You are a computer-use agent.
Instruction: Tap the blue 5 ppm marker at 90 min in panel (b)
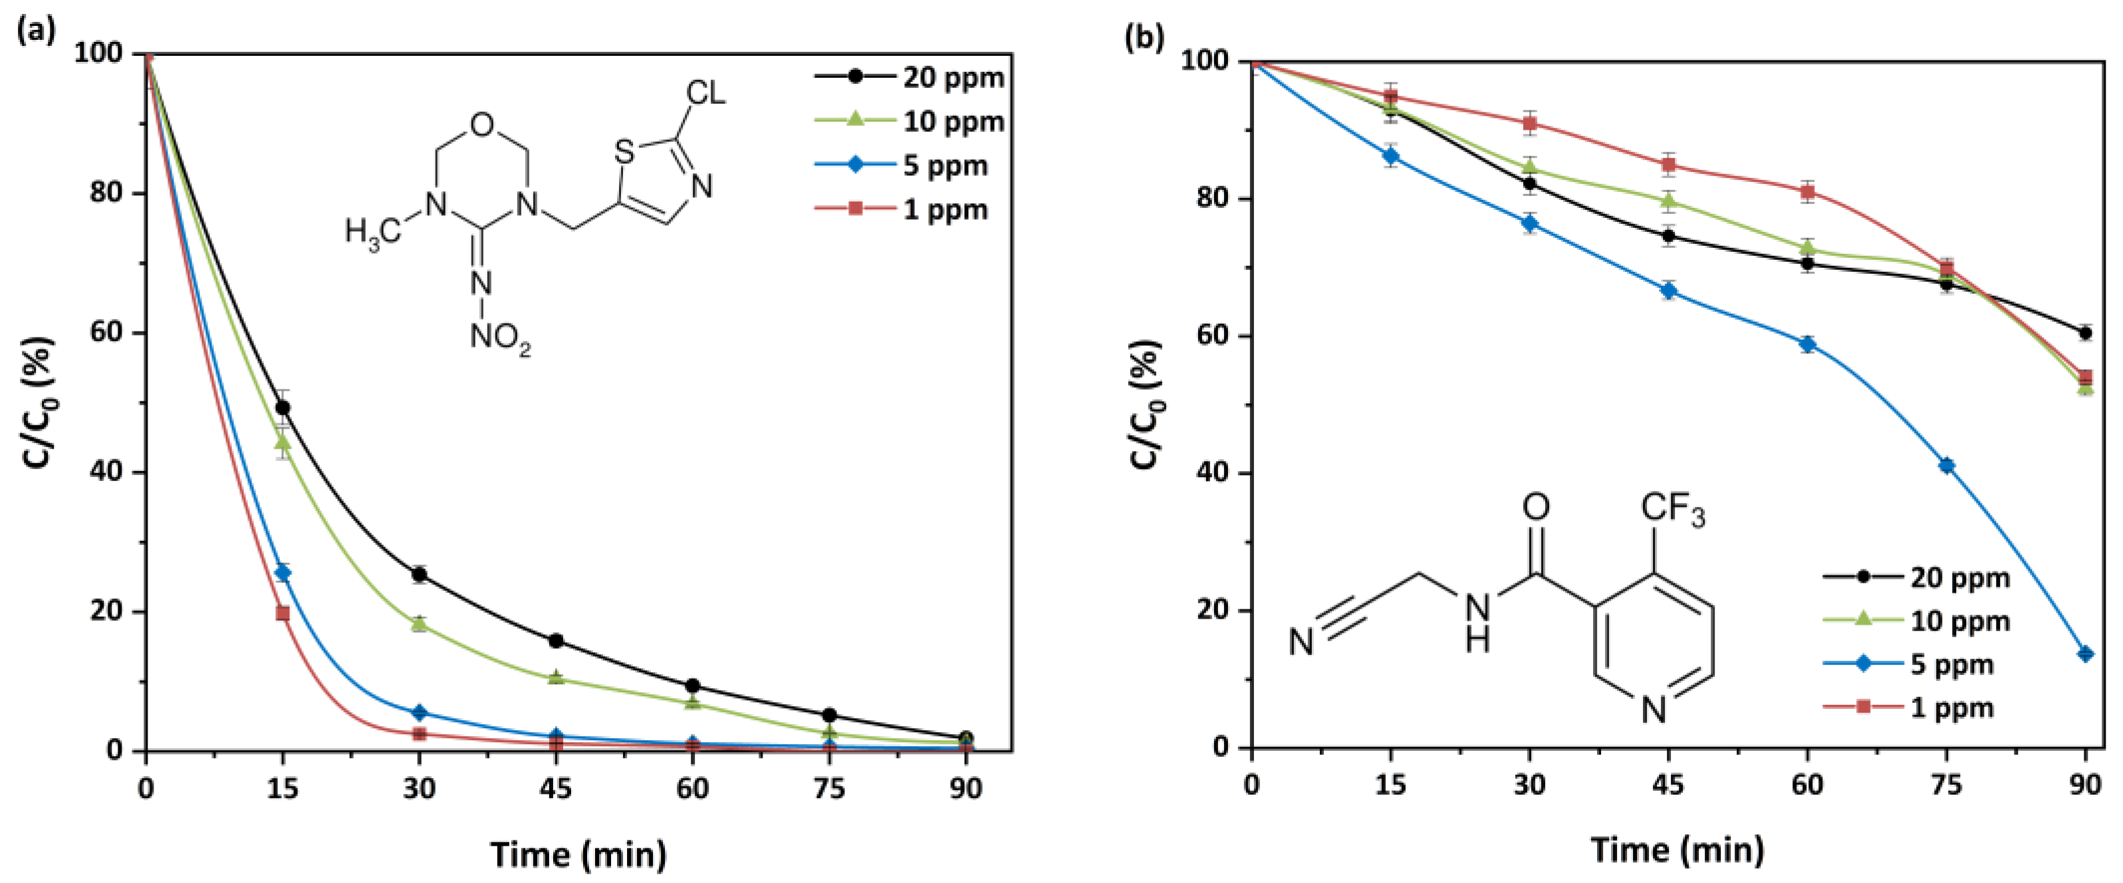[2085, 654]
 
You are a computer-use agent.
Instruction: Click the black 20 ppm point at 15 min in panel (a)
[283, 408]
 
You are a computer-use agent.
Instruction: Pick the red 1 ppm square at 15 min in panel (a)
[283, 613]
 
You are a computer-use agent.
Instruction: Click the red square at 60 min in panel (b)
[1807, 193]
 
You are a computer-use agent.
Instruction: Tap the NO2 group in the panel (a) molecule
[499, 338]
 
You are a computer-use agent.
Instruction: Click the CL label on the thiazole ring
[706, 93]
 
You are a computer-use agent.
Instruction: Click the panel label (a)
[37, 30]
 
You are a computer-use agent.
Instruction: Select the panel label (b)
[1144, 37]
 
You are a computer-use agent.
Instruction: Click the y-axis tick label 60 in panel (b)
[1211, 336]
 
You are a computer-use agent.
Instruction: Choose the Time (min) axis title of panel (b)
[1676, 849]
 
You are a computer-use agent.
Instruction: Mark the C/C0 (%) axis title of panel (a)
[39, 402]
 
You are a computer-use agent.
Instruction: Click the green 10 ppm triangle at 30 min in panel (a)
[420, 623]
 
